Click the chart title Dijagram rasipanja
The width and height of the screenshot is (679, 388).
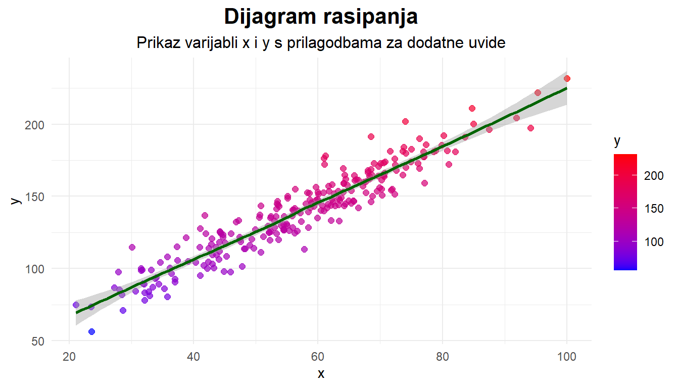[321, 17]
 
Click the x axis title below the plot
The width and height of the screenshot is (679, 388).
[321, 374]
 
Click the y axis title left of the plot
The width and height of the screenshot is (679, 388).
[16, 200]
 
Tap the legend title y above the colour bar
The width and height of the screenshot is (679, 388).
[617, 142]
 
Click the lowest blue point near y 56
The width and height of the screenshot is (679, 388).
[91, 331]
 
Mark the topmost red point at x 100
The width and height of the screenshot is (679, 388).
[567, 78]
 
